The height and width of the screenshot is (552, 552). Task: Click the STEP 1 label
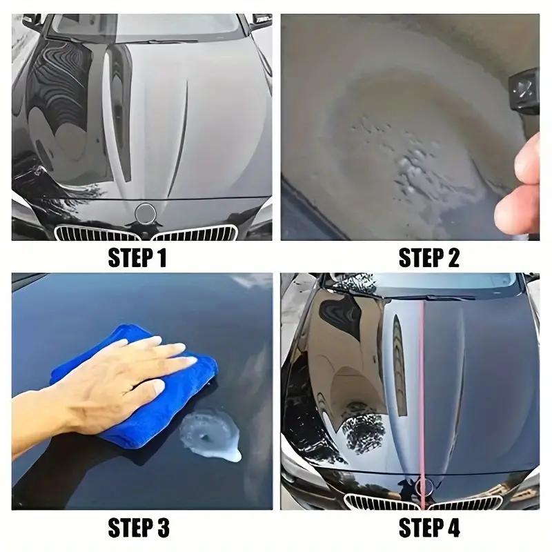tap(137, 259)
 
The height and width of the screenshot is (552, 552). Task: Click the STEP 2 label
tap(428, 259)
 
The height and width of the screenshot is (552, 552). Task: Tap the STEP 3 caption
tap(138, 529)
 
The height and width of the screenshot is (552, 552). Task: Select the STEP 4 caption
tap(428, 529)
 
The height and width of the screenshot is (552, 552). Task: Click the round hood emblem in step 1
tap(146, 213)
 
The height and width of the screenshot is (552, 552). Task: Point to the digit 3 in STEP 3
tap(162, 529)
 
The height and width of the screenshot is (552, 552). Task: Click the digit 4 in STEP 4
tap(453, 529)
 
